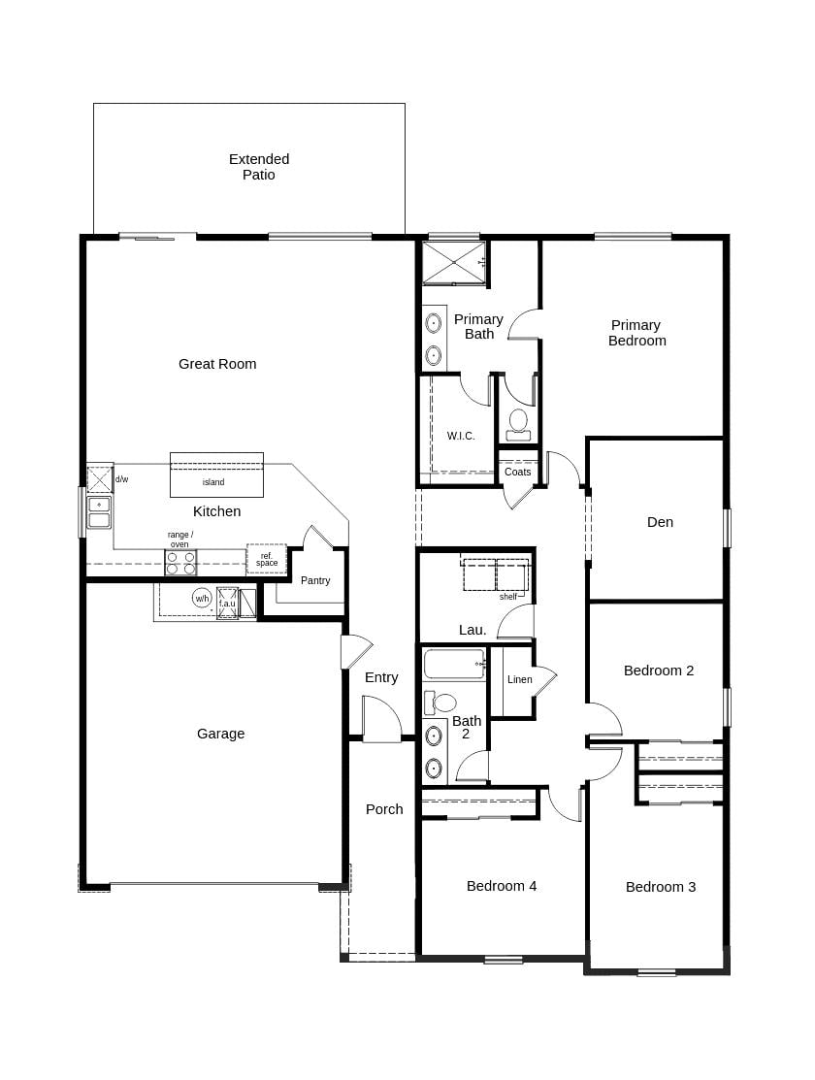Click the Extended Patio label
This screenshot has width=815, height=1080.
point(259,167)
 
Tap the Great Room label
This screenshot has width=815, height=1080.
point(217,364)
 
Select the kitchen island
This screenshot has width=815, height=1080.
point(216,475)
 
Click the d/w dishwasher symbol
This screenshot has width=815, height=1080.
point(99,479)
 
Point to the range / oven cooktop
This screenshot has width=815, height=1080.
point(180,563)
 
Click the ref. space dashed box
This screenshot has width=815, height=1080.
point(266,559)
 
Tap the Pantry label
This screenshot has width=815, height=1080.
point(315,580)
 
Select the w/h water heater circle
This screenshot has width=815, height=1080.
point(202,598)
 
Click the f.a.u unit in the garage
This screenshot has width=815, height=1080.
point(227,603)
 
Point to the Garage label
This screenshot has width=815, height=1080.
point(221,734)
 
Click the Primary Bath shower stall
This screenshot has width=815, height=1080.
point(453,263)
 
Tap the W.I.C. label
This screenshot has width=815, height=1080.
point(461,436)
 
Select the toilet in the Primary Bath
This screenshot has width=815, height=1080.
point(518,424)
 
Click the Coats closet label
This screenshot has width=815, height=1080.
point(518,472)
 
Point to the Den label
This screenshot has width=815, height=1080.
point(660,522)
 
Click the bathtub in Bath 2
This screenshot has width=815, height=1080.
point(454,665)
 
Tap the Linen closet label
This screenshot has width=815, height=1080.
point(520,679)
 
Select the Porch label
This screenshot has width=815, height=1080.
point(384,809)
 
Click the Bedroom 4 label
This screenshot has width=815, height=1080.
point(502,886)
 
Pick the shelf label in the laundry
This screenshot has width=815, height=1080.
point(508,597)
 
